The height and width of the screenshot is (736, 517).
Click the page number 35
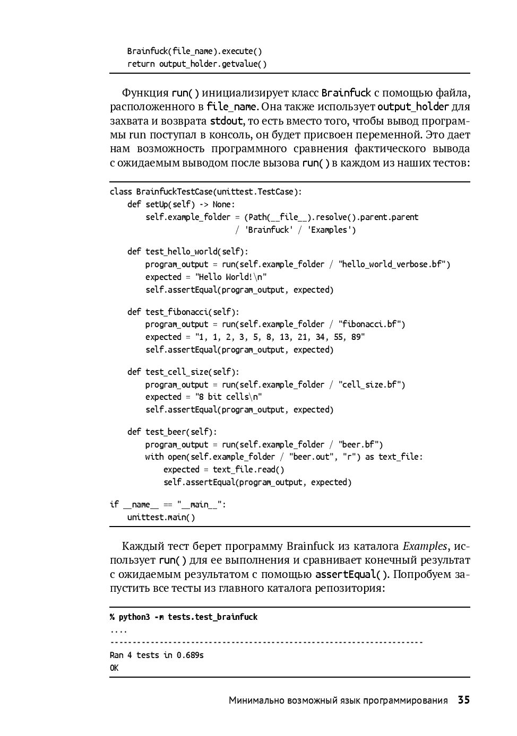click(x=463, y=700)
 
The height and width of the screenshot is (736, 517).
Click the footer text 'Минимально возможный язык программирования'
click(x=338, y=700)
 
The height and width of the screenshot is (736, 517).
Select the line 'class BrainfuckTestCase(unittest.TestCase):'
click(x=205, y=191)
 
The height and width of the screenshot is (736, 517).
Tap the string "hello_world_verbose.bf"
click(x=394, y=264)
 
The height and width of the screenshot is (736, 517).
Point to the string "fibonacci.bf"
click(x=372, y=324)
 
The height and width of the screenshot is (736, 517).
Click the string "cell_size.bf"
click(x=372, y=384)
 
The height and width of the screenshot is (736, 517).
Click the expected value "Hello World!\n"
click(x=231, y=277)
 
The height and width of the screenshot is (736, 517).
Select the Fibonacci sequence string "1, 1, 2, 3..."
click(x=280, y=337)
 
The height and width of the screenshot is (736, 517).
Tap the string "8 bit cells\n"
click(x=229, y=397)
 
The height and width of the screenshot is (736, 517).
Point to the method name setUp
click(x=156, y=204)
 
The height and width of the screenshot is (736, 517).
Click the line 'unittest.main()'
click(x=161, y=517)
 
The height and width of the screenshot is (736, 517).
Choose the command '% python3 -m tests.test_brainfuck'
click(x=184, y=617)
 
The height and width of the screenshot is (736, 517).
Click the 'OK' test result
click(x=114, y=668)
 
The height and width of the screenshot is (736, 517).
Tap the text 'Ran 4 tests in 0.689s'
click(x=157, y=655)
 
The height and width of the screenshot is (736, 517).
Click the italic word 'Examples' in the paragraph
click(x=425, y=546)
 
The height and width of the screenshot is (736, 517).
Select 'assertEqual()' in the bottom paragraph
click(x=351, y=574)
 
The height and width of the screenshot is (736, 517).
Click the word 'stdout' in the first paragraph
click(x=226, y=120)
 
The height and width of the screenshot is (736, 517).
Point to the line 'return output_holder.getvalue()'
click(x=197, y=64)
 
